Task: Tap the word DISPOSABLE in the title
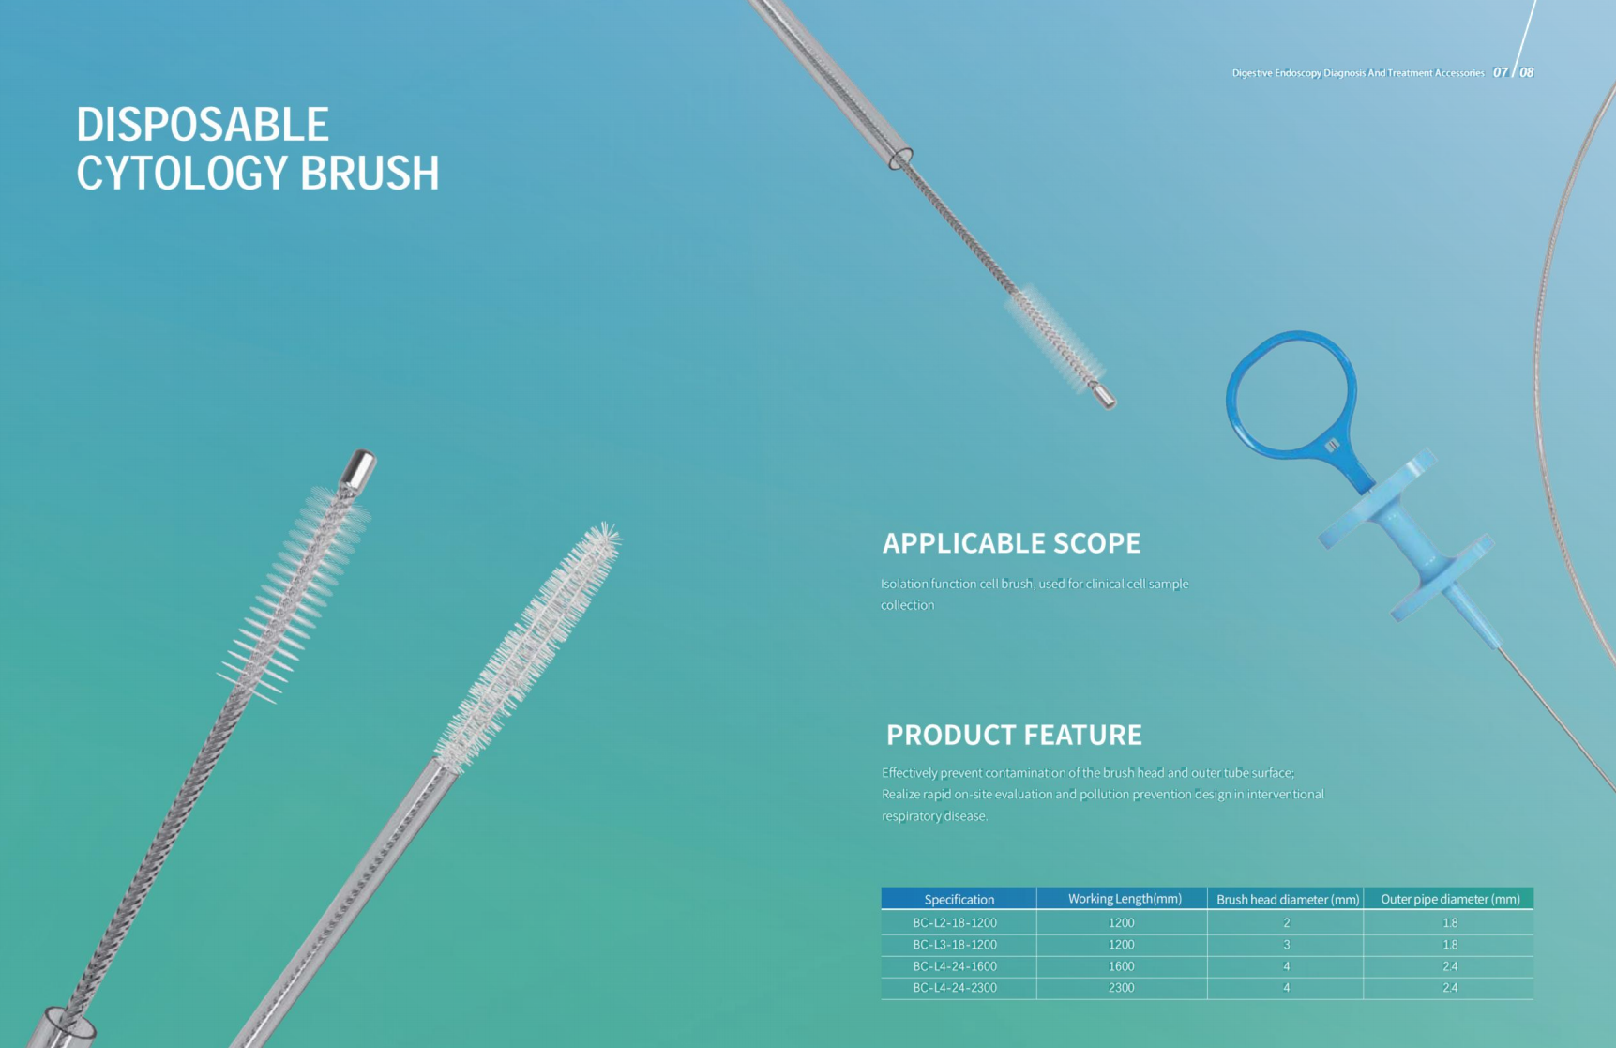pyautogui.click(x=203, y=125)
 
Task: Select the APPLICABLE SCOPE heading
pyautogui.click(x=1011, y=543)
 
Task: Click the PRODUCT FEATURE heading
pyautogui.click(x=1014, y=735)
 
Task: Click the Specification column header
pyautogui.click(x=959, y=899)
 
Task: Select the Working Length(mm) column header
pyautogui.click(x=1125, y=899)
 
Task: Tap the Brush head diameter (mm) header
pyautogui.click(x=1288, y=899)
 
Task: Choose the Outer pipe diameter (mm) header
pyautogui.click(x=1450, y=899)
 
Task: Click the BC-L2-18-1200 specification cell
pyautogui.click(x=955, y=923)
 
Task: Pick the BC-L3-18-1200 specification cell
pyautogui.click(x=955, y=945)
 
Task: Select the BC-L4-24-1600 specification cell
pyautogui.click(x=955, y=966)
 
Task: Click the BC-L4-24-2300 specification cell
pyautogui.click(x=955, y=988)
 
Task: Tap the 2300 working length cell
pyautogui.click(x=1121, y=988)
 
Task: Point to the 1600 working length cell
pyautogui.click(x=1121, y=966)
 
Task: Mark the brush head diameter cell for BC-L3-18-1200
pyautogui.click(x=1286, y=945)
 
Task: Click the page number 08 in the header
pyautogui.click(x=1527, y=72)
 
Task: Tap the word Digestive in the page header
pyautogui.click(x=1252, y=73)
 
